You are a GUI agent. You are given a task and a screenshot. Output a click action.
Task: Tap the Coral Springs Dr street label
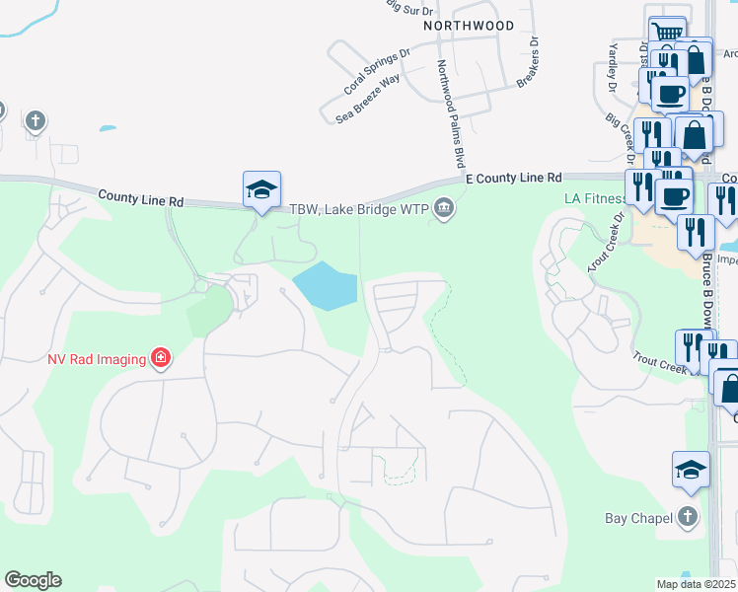click(x=377, y=72)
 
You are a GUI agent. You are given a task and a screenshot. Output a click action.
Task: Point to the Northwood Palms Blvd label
click(x=451, y=112)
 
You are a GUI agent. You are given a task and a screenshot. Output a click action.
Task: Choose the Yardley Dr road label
click(x=613, y=69)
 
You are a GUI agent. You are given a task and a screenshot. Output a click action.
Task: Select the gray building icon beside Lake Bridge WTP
click(x=444, y=208)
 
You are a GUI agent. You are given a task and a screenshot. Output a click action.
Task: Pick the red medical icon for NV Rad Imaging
click(x=160, y=358)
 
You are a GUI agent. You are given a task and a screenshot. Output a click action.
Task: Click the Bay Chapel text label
click(x=637, y=518)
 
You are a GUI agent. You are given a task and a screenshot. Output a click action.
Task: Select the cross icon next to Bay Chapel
click(x=688, y=517)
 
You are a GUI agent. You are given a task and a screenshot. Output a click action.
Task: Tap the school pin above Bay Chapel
click(x=691, y=471)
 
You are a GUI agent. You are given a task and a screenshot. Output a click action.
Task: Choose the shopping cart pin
click(x=668, y=34)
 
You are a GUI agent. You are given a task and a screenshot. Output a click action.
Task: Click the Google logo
click(x=33, y=580)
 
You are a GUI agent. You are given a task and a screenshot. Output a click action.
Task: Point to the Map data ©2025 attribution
click(x=696, y=584)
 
